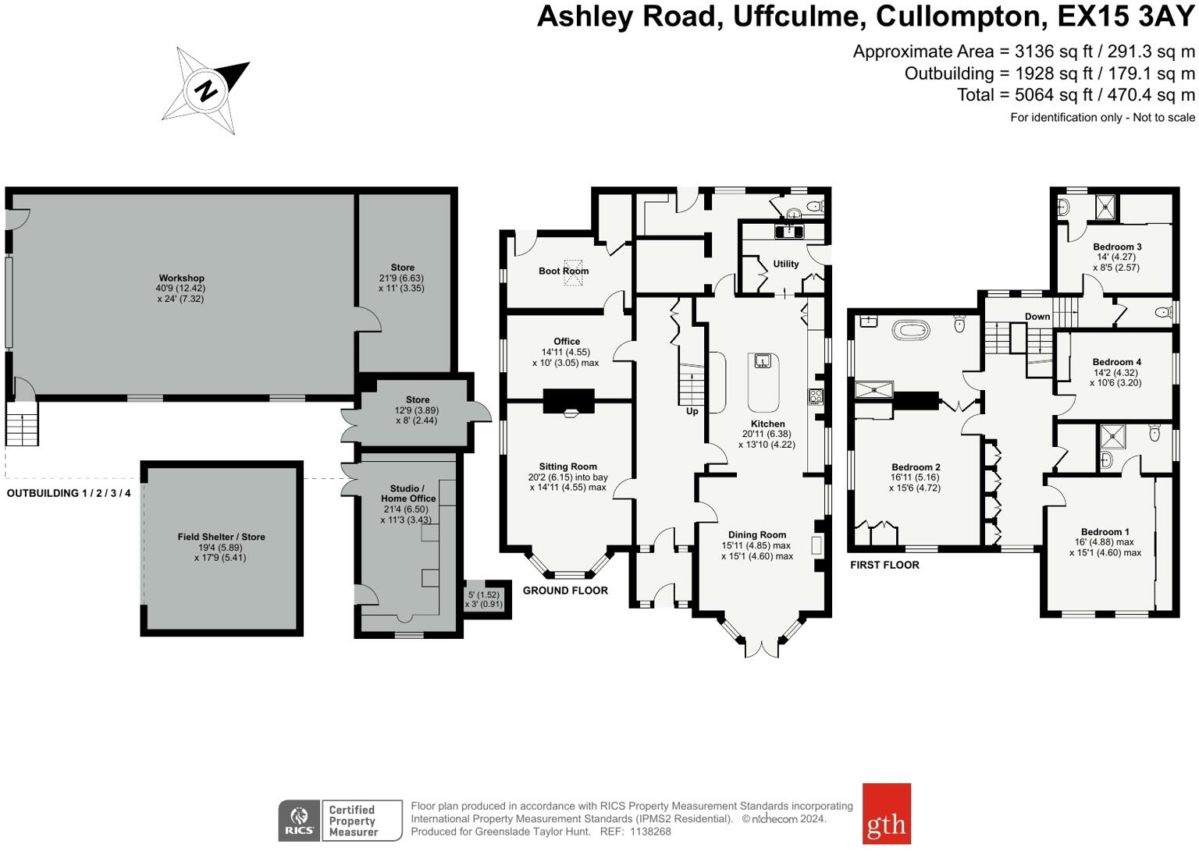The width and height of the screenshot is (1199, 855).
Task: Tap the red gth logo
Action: [x=886, y=814]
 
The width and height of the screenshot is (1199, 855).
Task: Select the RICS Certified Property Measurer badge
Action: [x=340, y=821]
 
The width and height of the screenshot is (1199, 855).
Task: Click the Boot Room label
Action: [x=564, y=271]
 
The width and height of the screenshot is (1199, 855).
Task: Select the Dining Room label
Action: [x=757, y=534]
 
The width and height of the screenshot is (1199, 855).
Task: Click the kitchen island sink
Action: [x=763, y=360]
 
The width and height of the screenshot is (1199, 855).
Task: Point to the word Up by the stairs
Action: [x=692, y=411]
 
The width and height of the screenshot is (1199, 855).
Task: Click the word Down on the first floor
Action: [x=1037, y=316]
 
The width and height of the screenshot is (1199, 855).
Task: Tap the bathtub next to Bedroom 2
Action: [x=912, y=330]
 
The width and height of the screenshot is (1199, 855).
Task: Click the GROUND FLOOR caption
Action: [x=565, y=591]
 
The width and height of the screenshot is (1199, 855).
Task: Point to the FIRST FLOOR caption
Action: [x=884, y=565]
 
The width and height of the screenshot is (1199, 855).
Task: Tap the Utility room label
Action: [x=786, y=264]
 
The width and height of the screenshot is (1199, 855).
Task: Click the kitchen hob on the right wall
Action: [x=816, y=396]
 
